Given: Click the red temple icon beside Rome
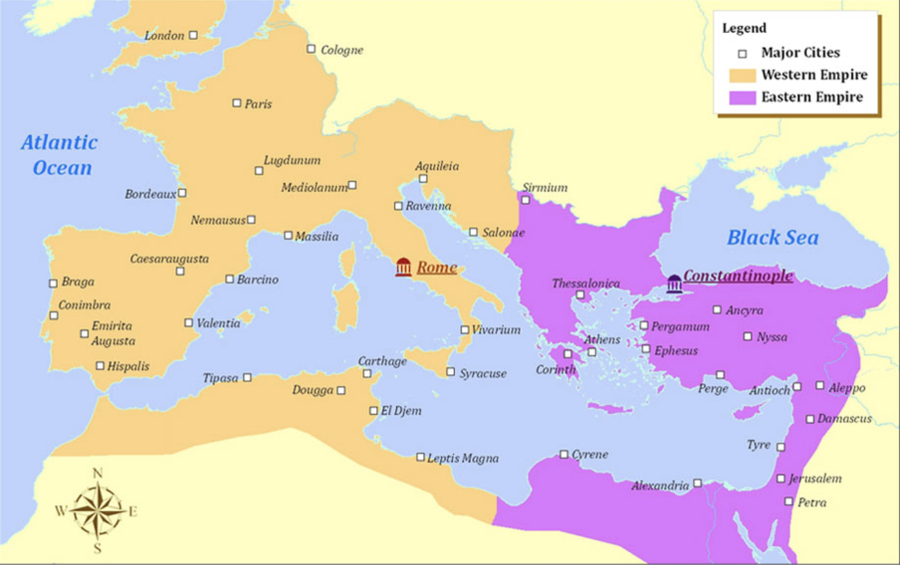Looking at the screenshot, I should coord(404,268).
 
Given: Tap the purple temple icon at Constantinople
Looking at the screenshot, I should coord(674,284).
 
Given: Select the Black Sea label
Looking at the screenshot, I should coord(773,237).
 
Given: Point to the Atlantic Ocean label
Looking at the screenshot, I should coord(60,155).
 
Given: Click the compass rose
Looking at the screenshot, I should coord(97,510).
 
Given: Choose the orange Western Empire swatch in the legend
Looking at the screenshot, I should coord(742,75).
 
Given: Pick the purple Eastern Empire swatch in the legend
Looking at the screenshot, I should coord(742,97).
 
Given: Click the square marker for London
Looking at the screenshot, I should coord(193,35).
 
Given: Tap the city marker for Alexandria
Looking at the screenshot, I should coord(697,483).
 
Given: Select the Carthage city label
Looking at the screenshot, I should coord(382,361).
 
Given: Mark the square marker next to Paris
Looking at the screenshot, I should coord(236,102).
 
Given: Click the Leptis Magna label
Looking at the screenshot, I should coord(463,458).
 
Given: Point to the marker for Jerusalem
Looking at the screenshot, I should coord(780,479).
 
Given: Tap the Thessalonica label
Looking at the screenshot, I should coord(585,283).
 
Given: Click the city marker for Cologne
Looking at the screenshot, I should coord(311,49).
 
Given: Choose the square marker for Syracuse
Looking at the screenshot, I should coord(450,371).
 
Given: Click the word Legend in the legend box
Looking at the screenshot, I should coord(744,28).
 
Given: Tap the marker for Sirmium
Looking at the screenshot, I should coord(525,200).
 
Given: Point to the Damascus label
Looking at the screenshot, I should coord(844,419).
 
